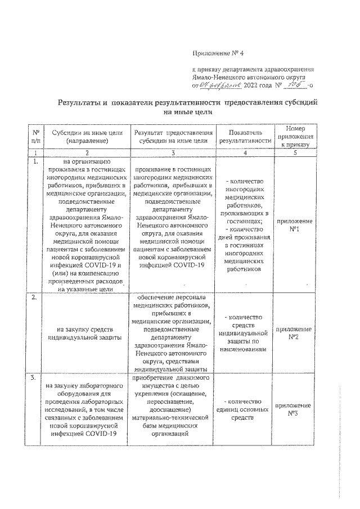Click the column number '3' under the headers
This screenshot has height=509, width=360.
click(x=172, y=152)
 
